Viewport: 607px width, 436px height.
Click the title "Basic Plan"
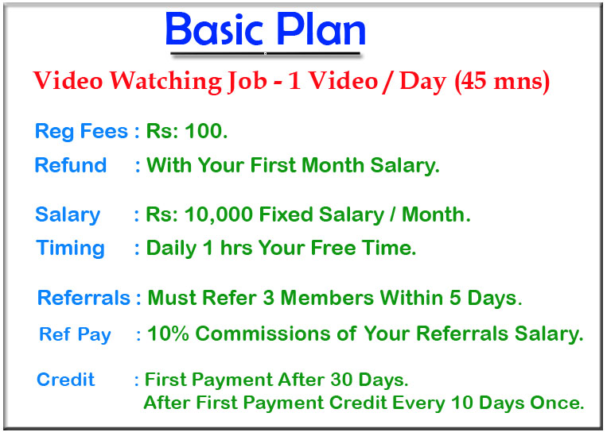(266, 29)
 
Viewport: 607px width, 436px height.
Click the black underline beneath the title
(266, 53)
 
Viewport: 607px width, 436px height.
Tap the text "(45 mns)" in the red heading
(502, 82)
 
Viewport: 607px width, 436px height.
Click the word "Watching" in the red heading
(165, 82)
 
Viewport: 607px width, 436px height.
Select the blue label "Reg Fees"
(81, 131)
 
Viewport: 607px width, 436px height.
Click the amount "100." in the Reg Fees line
(206, 131)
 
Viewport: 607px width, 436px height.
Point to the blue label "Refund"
(71, 165)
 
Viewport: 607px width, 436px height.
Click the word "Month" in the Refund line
(333, 165)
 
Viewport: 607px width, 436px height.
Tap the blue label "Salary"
(68, 215)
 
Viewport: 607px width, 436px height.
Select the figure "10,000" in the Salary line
(218, 215)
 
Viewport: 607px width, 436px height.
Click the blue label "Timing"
(71, 249)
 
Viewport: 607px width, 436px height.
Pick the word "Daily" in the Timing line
(172, 249)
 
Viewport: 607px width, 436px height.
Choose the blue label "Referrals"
(84, 298)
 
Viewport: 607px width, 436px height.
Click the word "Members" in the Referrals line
(328, 298)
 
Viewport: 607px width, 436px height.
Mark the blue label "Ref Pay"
(75, 334)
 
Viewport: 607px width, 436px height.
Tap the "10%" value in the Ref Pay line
(168, 334)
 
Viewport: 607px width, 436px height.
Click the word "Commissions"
(263, 334)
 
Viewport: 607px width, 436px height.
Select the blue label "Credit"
(65, 380)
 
